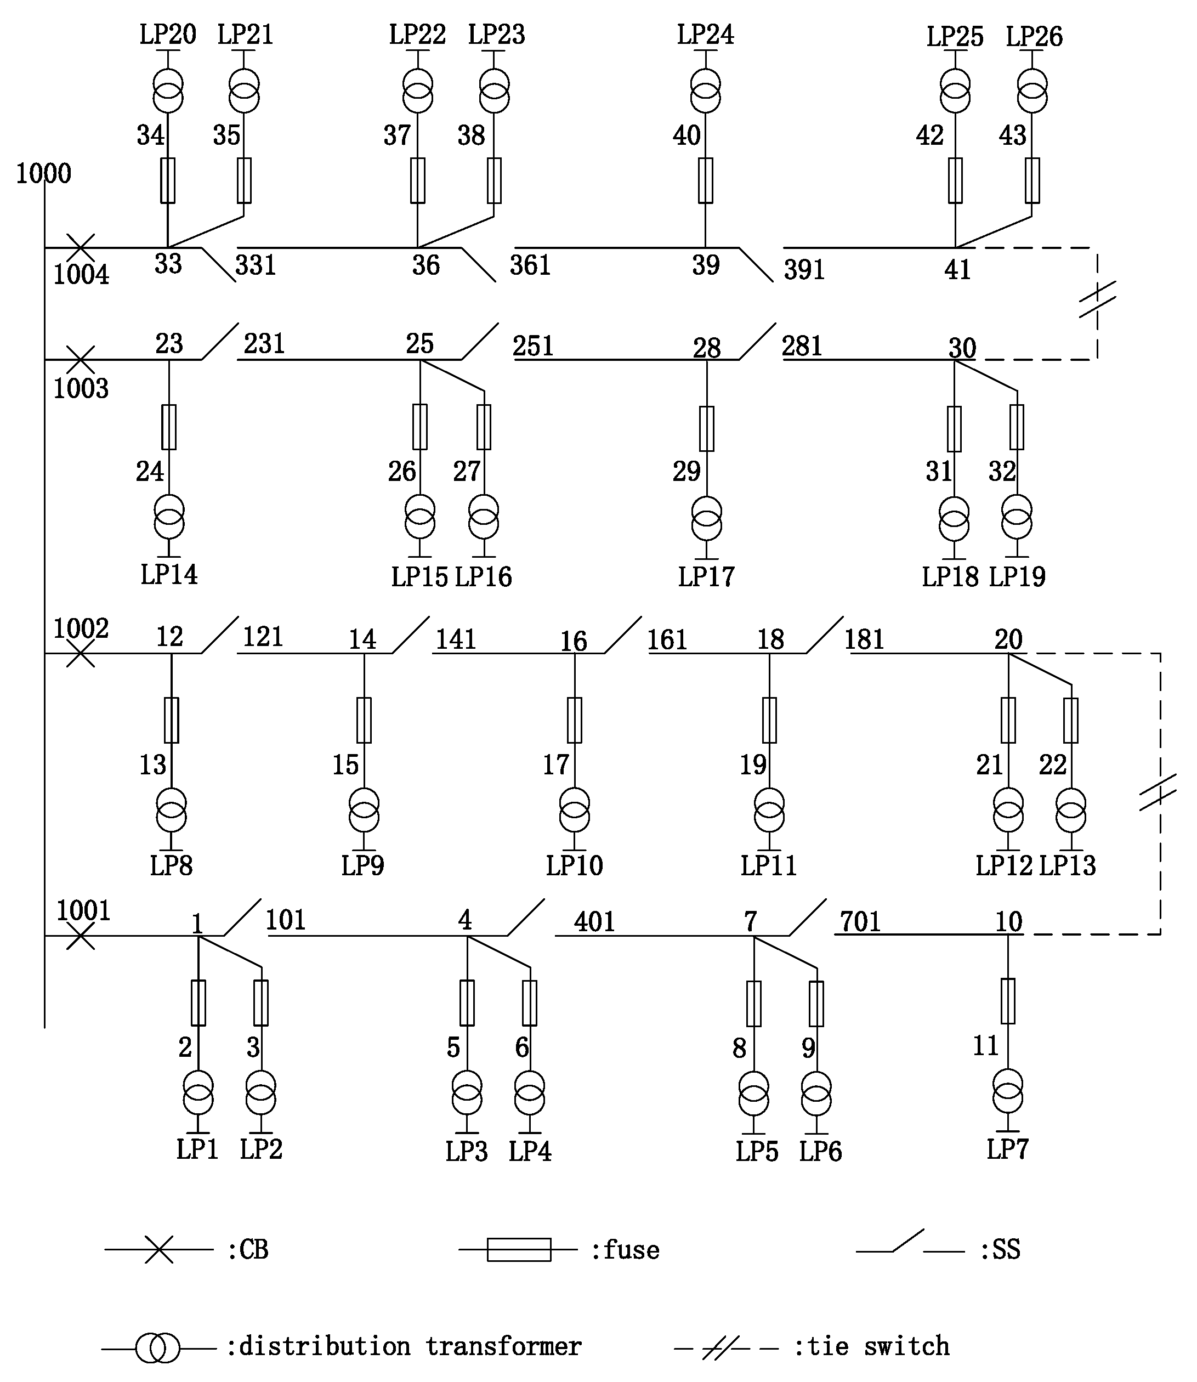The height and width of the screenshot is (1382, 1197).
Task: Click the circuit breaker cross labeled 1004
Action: click(x=81, y=248)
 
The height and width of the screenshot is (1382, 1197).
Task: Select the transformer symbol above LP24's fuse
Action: click(x=705, y=92)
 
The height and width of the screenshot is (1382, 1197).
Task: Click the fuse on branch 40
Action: click(x=705, y=180)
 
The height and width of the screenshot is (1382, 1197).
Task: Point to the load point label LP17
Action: click(x=706, y=576)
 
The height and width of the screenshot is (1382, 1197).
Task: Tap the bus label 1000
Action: click(x=43, y=174)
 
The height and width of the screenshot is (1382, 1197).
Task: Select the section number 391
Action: click(x=804, y=270)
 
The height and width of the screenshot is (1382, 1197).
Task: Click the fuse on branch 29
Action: click(x=707, y=428)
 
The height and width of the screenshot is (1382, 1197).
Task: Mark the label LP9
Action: click(x=362, y=866)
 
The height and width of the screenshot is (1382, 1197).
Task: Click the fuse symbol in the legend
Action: click(x=519, y=1250)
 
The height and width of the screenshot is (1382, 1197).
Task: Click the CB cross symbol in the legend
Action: click(x=159, y=1250)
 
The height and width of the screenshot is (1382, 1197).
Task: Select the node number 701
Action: click(x=860, y=922)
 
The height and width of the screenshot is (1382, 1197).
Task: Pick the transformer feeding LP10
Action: click(x=575, y=809)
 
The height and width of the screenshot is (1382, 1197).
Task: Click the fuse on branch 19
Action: click(x=769, y=720)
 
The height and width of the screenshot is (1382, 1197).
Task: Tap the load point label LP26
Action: click(x=1034, y=37)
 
